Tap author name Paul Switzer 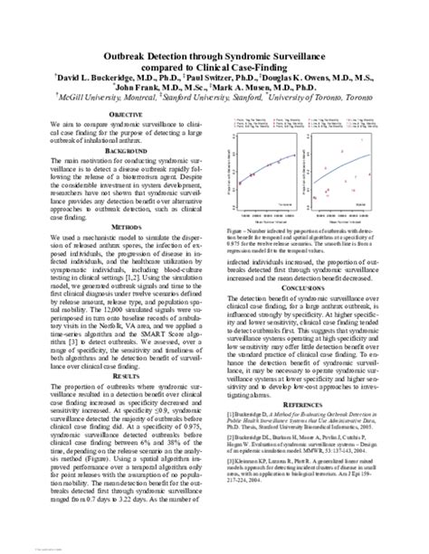coord(214,80)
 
